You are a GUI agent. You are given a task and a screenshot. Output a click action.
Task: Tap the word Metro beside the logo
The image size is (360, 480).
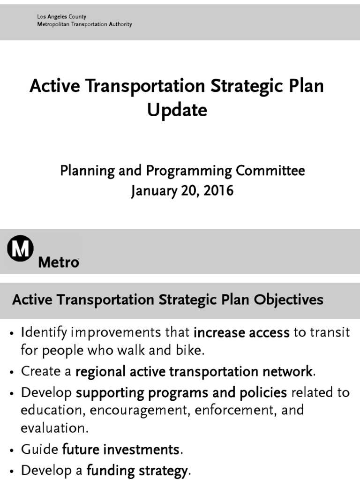pyautogui.click(x=58, y=262)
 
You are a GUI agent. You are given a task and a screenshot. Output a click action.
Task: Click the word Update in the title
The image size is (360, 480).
pyautogui.click(x=177, y=111)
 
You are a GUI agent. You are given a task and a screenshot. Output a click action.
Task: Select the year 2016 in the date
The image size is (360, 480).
pyautogui.click(x=217, y=191)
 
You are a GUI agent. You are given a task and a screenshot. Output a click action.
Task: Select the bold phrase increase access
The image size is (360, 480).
pyautogui.click(x=241, y=333)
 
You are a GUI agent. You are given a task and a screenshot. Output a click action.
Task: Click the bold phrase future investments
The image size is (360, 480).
pyautogui.click(x=120, y=450)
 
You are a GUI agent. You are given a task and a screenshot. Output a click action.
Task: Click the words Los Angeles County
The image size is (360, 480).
pyautogui.click(x=62, y=17)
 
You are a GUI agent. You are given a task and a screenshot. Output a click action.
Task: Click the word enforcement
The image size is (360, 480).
pyautogui.click(x=240, y=410)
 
